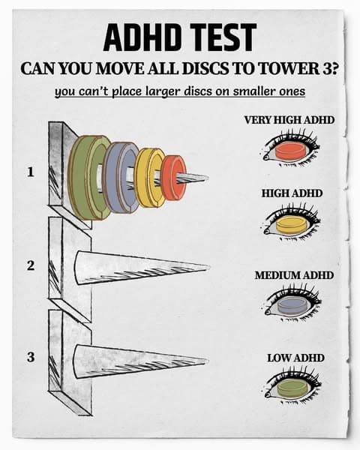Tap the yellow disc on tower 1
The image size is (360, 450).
pyautogui.click(x=148, y=177)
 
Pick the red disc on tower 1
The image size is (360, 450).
pyautogui.click(x=173, y=178)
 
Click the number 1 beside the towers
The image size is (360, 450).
pyautogui.click(x=30, y=172)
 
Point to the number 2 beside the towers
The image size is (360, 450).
pyautogui.click(x=30, y=265)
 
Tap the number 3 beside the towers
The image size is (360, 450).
pyautogui.click(x=30, y=357)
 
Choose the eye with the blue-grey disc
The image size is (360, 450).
pyautogui.click(x=289, y=305)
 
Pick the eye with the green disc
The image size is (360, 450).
pyautogui.click(x=291, y=388)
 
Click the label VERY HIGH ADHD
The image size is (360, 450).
pyautogui.click(x=289, y=120)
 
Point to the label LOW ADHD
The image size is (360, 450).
pyautogui.click(x=295, y=358)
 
